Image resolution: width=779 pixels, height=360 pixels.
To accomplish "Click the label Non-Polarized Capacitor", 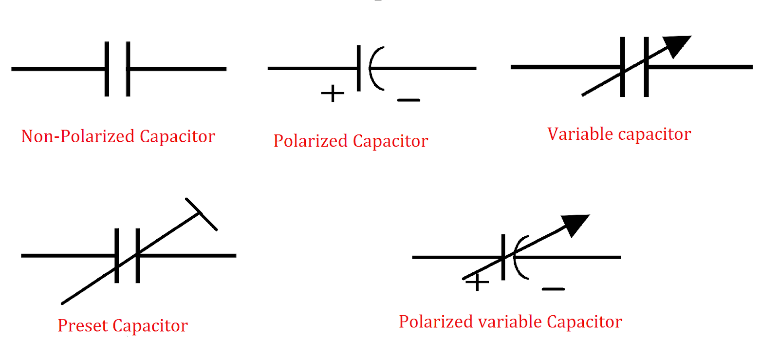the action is point(118,136).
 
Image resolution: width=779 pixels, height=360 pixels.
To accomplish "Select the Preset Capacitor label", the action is point(122,325).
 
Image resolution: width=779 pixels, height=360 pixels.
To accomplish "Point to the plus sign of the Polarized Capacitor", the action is point(333,93).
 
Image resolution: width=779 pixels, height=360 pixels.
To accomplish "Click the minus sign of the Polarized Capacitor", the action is point(408,100).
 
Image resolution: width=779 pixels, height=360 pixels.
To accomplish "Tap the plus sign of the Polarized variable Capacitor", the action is point(478,283).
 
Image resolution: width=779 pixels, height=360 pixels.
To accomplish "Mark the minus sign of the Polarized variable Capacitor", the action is point(553,289).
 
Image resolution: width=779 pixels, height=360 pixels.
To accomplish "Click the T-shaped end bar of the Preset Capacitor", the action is point(201,214).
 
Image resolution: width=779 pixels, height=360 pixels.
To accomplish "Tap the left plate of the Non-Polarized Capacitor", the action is point(107,69).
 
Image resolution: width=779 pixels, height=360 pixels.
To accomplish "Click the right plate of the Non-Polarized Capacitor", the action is point(128,69).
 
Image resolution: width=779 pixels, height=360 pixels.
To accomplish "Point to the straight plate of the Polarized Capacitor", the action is point(358,68).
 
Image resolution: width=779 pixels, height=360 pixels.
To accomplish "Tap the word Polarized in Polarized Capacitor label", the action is point(310,141).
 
